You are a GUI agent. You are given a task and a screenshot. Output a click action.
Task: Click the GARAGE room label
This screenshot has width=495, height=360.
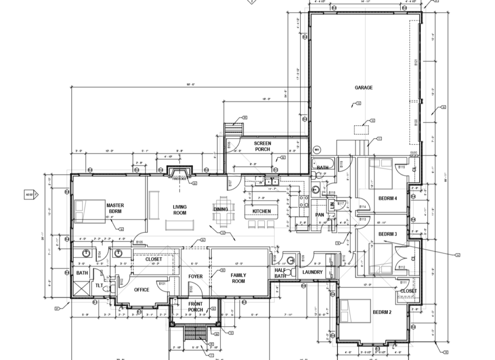pyautogui.click(x=364, y=87)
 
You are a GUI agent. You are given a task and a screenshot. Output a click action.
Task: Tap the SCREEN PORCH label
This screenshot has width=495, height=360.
pyautogui.click(x=262, y=146)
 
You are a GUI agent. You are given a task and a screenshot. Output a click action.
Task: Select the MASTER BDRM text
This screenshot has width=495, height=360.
pyautogui.click(x=115, y=208)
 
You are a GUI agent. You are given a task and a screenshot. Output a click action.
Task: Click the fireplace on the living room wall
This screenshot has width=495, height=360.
pyautogui.click(x=180, y=172)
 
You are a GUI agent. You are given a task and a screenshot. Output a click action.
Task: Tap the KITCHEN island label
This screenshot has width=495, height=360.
pyautogui.click(x=262, y=211)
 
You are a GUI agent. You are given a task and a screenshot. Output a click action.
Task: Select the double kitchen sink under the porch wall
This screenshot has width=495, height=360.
pyautogui.click(x=267, y=182)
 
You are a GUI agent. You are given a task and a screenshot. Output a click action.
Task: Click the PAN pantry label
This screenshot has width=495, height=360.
pyautogui.click(x=320, y=215)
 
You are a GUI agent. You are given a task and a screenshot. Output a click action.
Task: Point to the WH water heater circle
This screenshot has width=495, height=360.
pyautogui.click(x=317, y=150)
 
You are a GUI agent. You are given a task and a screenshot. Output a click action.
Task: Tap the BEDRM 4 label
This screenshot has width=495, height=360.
pyautogui.click(x=387, y=199)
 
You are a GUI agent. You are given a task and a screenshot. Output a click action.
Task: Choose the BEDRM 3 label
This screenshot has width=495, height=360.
pyautogui.click(x=387, y=234)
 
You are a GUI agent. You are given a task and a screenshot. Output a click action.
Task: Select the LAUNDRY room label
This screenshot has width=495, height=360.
pyautogui.click(x=312, y=272)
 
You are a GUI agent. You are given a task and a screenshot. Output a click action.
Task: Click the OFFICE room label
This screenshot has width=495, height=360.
pyautogui.click(x=142, y=290)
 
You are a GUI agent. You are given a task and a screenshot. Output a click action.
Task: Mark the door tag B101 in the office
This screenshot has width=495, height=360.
pyautogui.click(x=162, y=284)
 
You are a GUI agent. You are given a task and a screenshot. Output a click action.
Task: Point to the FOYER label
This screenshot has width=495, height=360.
pyautogui.click(x=195, y=276)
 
